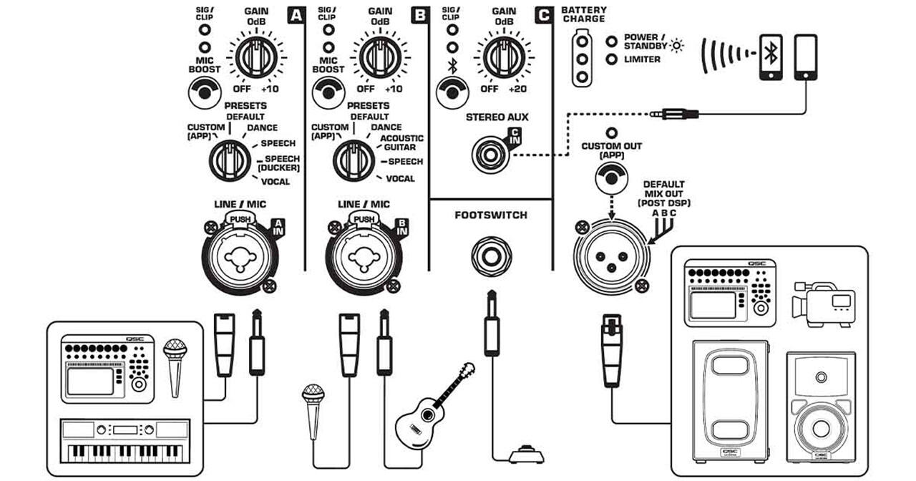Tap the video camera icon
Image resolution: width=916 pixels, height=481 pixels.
click(822, 303)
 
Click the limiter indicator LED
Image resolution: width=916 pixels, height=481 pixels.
click(611, 59)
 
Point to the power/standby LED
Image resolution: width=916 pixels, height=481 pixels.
click(611, 40)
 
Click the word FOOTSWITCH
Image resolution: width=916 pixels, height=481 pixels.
click(491, 215)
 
